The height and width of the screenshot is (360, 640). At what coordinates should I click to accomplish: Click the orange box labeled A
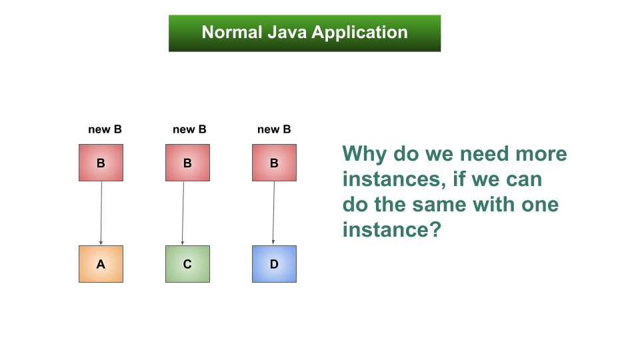(x=101, y=264)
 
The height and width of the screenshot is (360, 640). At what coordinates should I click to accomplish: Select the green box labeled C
(x=187, y=264)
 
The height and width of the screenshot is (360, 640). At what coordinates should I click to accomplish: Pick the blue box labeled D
(x=274, y=264)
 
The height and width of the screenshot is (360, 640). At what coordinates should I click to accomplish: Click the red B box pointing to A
(x=101, y=163)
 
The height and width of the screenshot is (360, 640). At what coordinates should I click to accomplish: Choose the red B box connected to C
(x=187, y=163)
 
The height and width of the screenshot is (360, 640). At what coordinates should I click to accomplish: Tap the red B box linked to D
(x=274, y=163)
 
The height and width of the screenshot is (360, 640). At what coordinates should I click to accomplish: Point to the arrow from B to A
(x=101, y=213)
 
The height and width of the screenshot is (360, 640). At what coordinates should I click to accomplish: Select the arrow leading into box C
(x=183, y=213)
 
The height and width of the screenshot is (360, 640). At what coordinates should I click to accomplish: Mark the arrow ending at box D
(x=273, y=213)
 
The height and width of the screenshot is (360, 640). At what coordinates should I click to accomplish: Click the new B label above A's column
(x=105, y=129)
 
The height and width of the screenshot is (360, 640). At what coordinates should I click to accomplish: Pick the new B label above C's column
(x=189, y=129)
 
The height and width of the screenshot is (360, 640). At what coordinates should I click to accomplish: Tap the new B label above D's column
(x=274, y=129)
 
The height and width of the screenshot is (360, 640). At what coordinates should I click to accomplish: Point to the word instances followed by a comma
(x=393, y=179)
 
